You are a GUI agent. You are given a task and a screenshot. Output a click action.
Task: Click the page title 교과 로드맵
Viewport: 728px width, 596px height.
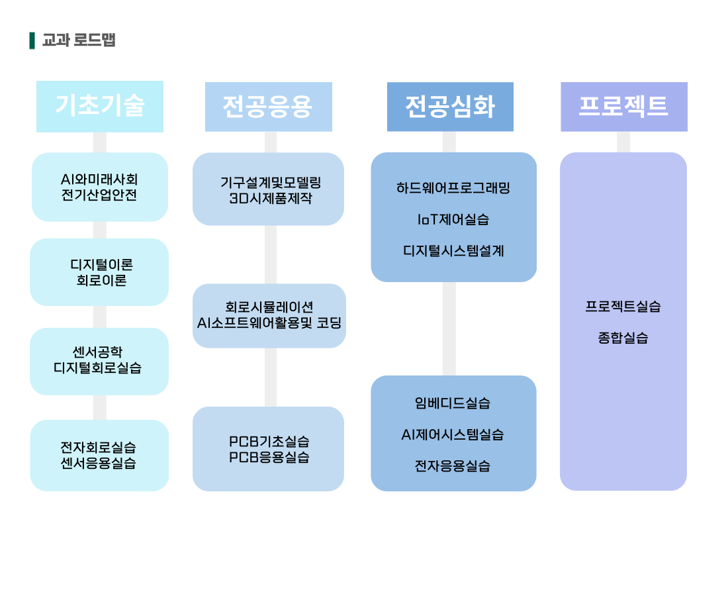point(79,40)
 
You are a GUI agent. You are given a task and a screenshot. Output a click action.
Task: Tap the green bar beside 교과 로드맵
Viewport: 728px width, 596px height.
point(32,40)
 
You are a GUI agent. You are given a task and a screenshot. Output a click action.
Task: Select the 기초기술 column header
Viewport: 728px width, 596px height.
point(100,107)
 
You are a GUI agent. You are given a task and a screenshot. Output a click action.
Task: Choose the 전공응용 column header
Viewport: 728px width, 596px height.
point(268,107)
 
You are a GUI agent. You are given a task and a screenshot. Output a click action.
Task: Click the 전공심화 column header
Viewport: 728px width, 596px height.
point(450,107)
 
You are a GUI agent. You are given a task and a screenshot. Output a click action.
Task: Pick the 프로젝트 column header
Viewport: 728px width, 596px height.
point(624,107)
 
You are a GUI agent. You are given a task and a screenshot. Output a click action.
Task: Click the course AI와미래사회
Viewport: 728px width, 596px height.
point(99,179)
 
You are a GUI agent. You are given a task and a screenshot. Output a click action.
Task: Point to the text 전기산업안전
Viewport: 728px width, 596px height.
point(99,195)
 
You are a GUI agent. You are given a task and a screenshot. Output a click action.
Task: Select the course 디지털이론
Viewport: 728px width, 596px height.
point(102,265)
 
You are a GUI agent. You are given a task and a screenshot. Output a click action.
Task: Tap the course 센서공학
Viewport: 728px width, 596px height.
point(97,352)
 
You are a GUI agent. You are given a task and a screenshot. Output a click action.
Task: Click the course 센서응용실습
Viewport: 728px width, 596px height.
point(99,463)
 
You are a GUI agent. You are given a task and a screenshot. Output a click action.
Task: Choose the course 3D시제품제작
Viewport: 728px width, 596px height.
point(271,199)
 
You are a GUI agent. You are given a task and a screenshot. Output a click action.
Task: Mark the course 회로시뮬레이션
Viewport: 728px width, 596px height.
point(269,307)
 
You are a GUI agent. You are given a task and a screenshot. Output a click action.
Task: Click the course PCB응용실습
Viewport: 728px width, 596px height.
point(269,457)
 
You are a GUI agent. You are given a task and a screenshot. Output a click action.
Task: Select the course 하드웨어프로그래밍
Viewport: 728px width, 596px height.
point(453,188)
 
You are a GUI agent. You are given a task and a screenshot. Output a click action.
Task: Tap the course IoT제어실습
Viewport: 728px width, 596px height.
point(453,219)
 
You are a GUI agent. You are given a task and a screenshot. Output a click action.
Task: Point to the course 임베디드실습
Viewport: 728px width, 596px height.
point(453,403)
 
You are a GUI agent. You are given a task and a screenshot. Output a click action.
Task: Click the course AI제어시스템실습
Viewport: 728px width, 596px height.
point(453,435)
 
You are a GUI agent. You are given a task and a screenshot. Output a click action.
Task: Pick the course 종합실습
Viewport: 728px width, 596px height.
point(623,338)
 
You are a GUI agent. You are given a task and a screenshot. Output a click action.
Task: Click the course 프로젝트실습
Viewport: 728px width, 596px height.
point(623,307)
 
